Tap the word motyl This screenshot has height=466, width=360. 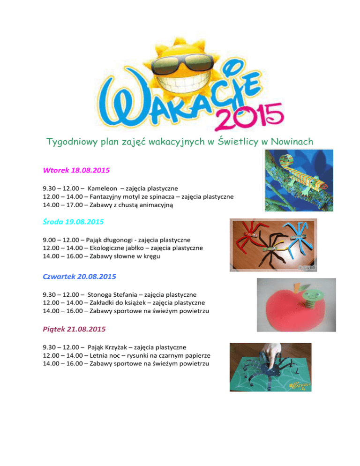tap(135, 196)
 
